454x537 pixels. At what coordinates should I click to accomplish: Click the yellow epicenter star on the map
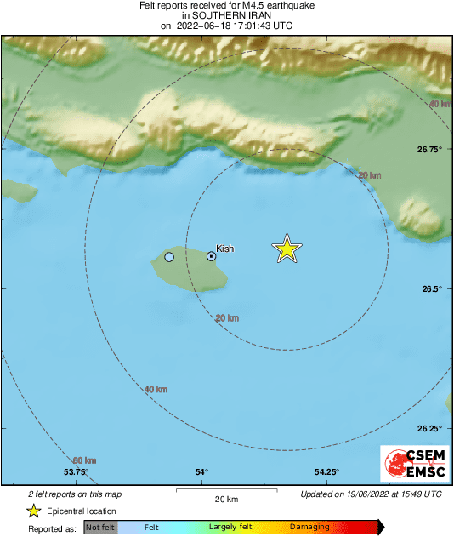coord(287,249)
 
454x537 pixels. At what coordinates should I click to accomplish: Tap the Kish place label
coord(224,249)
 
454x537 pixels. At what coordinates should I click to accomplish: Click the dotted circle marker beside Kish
coord(212,255)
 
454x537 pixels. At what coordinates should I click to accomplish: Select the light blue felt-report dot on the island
coord(169,257)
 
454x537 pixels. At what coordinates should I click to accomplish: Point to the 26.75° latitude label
coord(429,150)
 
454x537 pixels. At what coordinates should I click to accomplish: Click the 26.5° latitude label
coord(433,289)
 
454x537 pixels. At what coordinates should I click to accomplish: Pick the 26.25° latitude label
coord(429,429)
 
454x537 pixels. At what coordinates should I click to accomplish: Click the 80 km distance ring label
coord(84,461)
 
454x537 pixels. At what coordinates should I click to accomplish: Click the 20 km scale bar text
coord(225,499)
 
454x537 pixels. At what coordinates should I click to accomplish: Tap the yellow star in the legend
coord(33,511)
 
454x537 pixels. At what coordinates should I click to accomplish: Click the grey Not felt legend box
coord(100,528)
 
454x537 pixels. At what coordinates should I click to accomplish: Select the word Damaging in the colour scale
coord(309,528)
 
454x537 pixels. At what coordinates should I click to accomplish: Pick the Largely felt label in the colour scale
coord(228,528)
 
